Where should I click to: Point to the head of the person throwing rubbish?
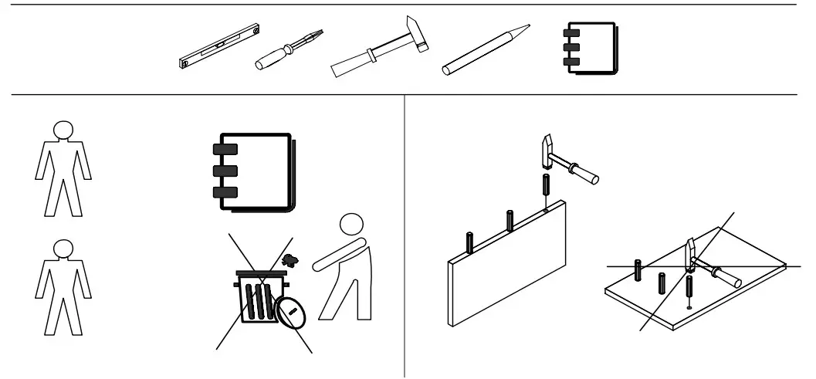[x=351, y=225]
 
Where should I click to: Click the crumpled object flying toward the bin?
[x=290, y=261]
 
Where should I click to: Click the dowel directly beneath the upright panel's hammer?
[x=546, y=187]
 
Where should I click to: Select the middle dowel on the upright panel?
[x=510, y=221]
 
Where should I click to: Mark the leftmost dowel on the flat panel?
[x=638, y=271]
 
